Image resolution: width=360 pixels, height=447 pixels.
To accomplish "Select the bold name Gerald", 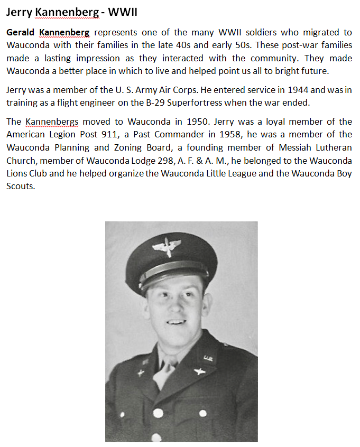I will coord(21,33).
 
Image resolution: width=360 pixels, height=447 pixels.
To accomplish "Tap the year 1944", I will coord(299,90).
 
